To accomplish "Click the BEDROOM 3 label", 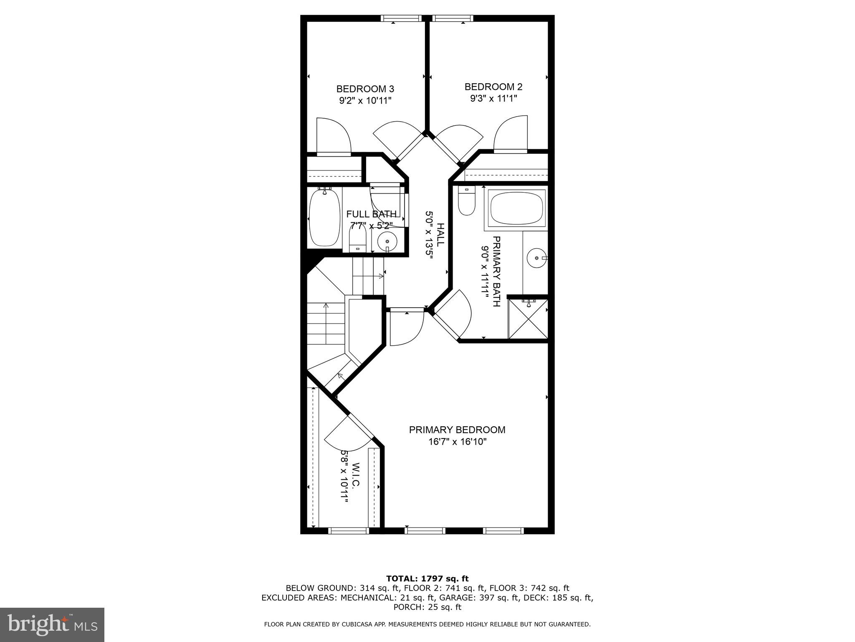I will (365, 89).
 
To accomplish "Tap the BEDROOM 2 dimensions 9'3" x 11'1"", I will (493, 99).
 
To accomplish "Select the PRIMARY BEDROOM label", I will (457, 430).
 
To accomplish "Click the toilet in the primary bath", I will (466, 201).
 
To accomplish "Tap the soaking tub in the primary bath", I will (517, 208).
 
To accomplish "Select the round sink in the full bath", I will (387, 242).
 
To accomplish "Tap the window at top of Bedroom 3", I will (401, 18).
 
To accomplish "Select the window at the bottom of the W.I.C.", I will (349, 530).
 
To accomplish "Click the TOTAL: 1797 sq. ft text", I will (427, 578).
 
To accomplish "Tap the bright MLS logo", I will (52, 625).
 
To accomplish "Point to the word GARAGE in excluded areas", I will (497, 598).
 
